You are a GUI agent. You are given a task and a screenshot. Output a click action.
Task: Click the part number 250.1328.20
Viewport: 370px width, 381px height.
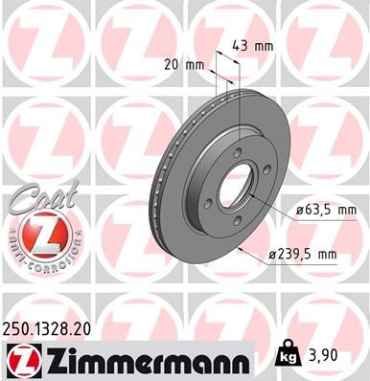[50, 329]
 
